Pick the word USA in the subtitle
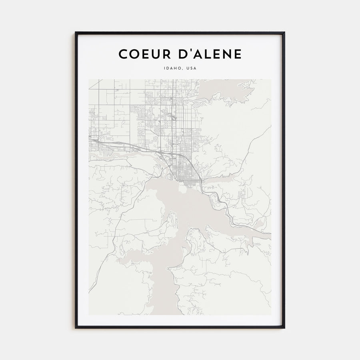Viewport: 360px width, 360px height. tap(191, 68)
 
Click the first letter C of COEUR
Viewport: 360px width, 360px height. tap(122, 54)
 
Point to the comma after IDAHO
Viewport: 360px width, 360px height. tap(182, 69)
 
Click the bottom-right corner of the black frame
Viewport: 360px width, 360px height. tap(284, 328)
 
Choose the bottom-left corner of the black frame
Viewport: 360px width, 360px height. tap(76, 328)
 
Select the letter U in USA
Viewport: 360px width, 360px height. tap(187, 68)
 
